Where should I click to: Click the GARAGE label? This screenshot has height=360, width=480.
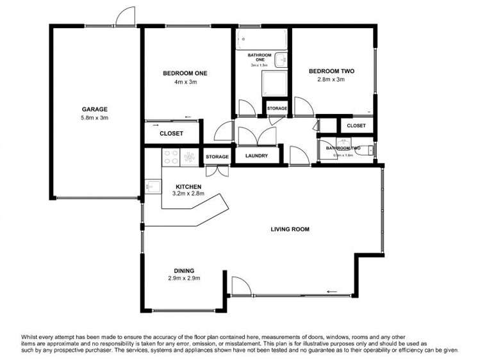tap(94, 109)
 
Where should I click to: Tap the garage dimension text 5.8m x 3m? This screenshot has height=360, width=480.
tap(94, 118)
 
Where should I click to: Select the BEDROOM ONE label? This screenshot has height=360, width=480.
tap(185, 73)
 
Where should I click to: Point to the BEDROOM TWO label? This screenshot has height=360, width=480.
tap(331, 71)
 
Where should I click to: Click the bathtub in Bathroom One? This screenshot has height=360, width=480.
tap(261, 40)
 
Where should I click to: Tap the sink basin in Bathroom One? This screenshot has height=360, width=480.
tap(283, 60)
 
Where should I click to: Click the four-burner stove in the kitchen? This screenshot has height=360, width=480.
tap(190, 156)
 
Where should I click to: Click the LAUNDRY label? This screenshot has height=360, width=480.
tap(248, 156)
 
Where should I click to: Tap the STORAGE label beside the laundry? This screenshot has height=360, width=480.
tap(217, 157)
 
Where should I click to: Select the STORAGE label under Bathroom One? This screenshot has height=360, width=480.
tap(277, 108)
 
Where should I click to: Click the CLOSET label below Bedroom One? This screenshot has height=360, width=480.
tap(171, 133)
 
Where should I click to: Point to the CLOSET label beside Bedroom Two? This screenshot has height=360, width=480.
tap(356, 126)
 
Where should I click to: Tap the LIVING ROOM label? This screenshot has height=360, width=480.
tap(290, 229)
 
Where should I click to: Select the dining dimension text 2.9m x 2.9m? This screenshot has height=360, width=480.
tap(185, 278)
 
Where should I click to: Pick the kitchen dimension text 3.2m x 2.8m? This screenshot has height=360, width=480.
tap(188, 193)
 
